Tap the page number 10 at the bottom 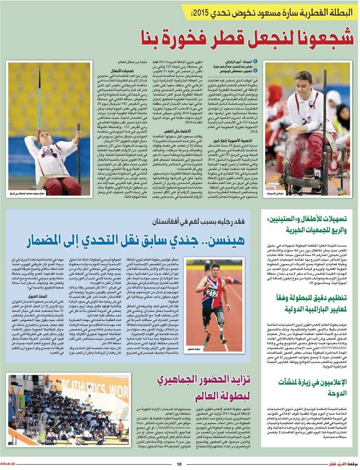point(179,464)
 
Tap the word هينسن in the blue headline point(233,242)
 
